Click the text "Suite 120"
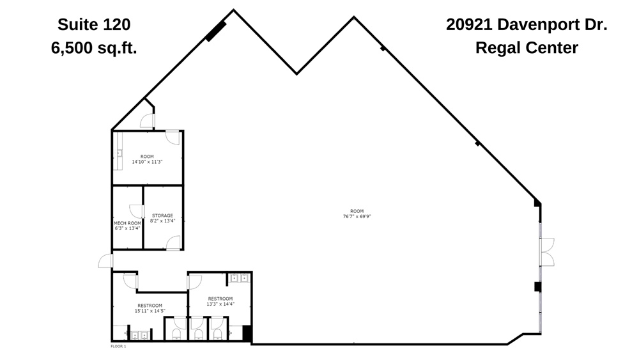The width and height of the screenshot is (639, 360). [94, 25]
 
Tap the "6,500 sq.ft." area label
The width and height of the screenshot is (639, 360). [94, 48]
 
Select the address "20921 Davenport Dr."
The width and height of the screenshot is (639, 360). [527, 25]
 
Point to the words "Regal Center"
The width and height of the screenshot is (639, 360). [527, 48]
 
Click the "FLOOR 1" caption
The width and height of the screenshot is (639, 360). [119, 346]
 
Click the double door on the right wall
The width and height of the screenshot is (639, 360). [547, 251]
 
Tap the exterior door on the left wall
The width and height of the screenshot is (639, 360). [105, 261]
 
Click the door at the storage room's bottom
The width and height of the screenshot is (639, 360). [173, 242]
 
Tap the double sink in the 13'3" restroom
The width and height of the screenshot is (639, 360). [239, 278]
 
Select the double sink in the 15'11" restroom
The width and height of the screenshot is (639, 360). [139, 334]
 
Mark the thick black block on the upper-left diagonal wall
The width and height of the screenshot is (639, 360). [216, 31]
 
